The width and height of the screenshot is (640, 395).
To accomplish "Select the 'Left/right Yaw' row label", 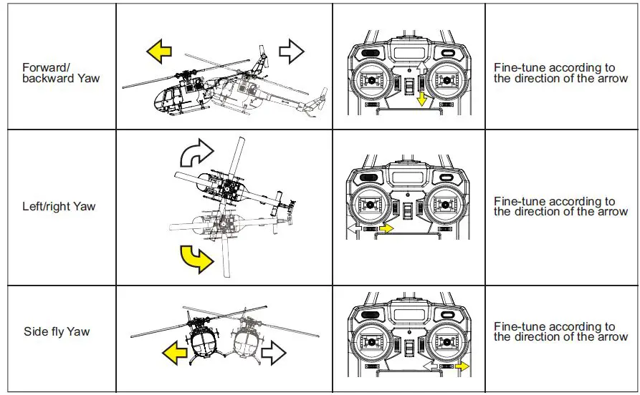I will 58,207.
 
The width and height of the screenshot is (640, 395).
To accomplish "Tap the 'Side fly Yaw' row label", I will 57,332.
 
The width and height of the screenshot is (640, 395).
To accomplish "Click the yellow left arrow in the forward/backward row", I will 159,52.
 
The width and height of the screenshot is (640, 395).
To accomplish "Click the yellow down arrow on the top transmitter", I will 422,97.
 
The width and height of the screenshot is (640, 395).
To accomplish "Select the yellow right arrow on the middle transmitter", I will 386,228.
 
